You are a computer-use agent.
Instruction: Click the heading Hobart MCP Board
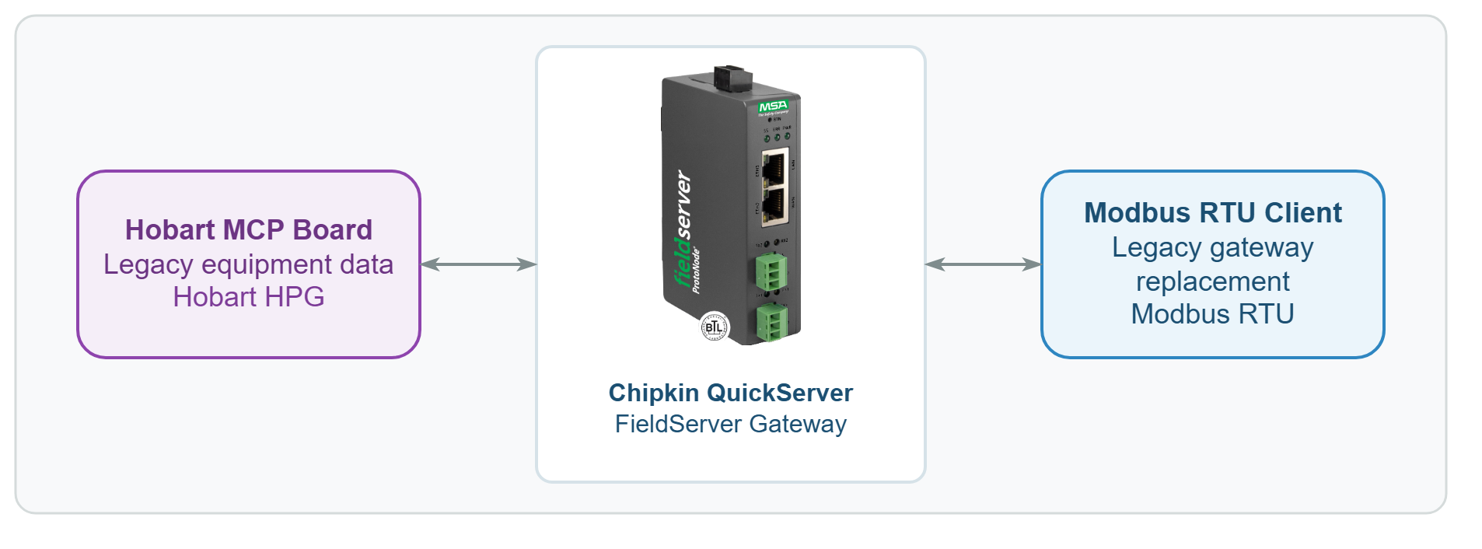tap(249, 230)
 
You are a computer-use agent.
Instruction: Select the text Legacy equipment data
tap(249, 264)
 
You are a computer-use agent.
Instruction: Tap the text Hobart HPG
tap(249, 297)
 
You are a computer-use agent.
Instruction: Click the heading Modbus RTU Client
tap(1213, 213)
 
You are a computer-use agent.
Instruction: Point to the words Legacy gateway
tap(1213, 247)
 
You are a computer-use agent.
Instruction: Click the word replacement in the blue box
tap(1213, 281)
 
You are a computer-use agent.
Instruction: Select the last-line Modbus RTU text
tap(1213, 314)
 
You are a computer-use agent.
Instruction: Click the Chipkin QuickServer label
tap(731, 393)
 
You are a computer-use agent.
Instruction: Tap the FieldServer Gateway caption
tap(731, 425)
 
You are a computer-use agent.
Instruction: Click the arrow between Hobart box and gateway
tap(478, 264)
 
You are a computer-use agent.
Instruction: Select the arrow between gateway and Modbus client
tap(983, 264)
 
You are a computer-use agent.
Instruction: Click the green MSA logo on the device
tap(773, 106)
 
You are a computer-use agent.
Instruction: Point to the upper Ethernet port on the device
tap(774, 167)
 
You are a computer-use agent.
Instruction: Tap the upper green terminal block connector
tap(771, 272)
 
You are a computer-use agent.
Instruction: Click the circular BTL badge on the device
tap(715, 327)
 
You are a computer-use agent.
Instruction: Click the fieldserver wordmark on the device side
tap(682, 229)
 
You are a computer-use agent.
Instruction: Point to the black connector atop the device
tap(733, 77)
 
